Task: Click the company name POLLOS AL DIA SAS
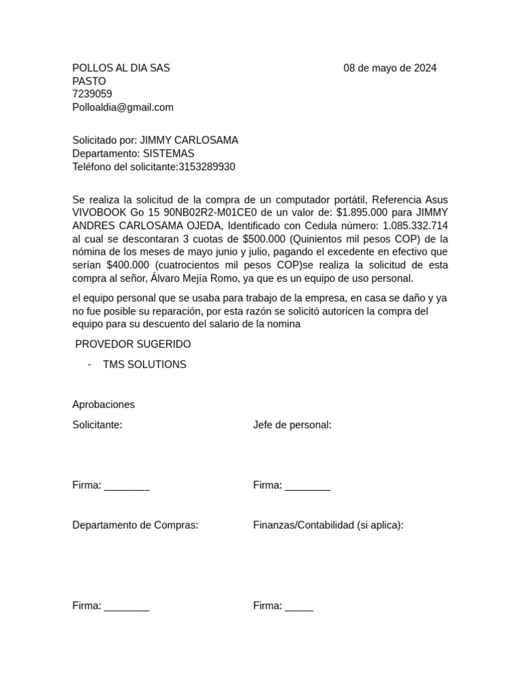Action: (x=121, y=68)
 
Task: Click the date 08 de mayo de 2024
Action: (x=390, y=68)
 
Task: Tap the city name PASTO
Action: (x=89, y=81)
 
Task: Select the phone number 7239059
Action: (x=92, y=94)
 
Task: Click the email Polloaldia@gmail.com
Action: (x=123, y=107)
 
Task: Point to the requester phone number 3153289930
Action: (x=207, y=167)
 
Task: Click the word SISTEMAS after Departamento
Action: (x=168, y=154)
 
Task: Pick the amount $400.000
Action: (x=128, y=265)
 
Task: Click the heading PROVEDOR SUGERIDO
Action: (x=133, y=344)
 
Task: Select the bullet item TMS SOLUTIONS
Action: (x=144, y=365)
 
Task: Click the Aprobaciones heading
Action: (x=103, y=405)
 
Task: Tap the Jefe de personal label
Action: (x=292, y=425)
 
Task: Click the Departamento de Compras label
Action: (x=135, y=525)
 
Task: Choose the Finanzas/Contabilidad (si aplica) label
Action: (x=328, y=525)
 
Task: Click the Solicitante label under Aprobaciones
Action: (x=97, y=425)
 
